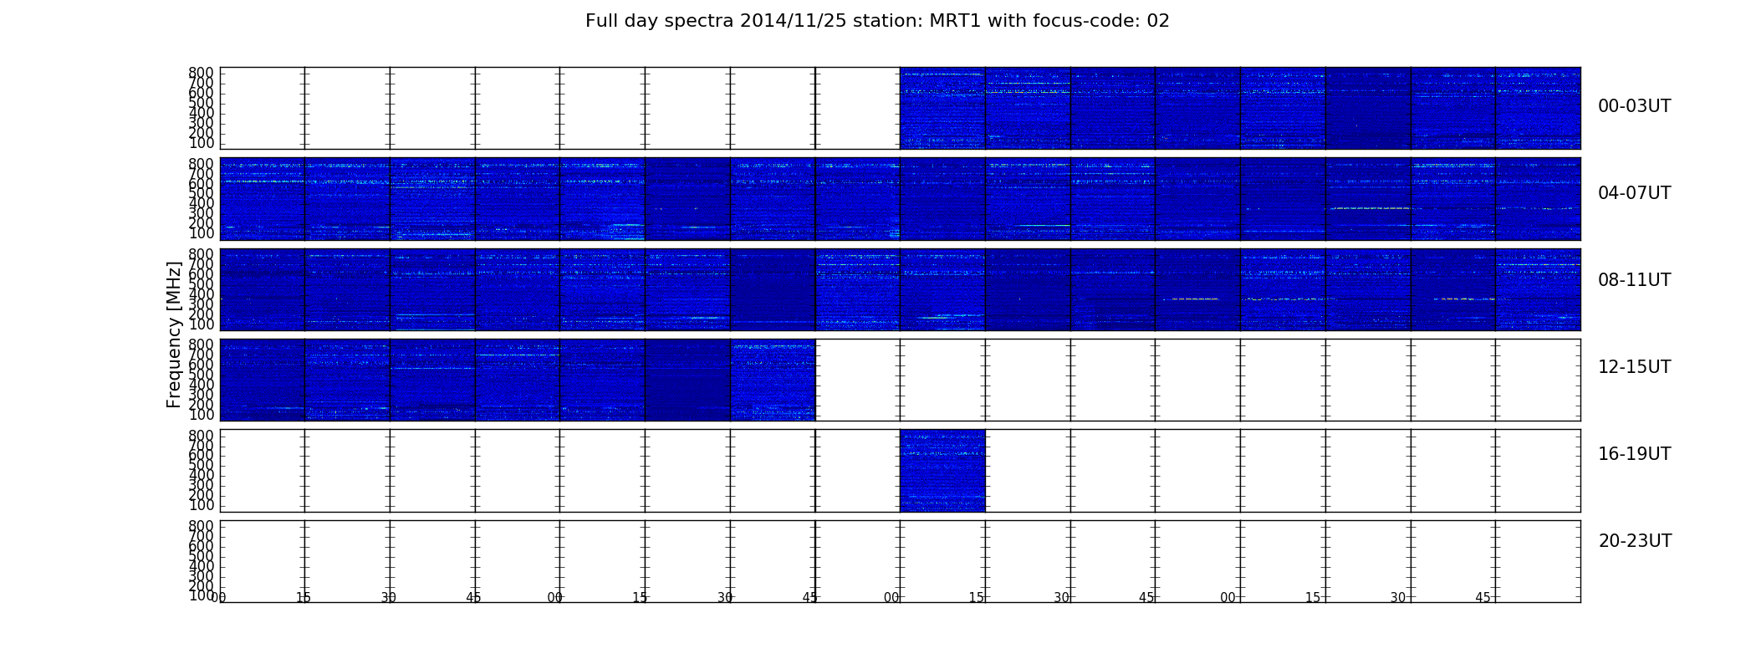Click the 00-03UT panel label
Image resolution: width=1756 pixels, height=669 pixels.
coord(1634,106)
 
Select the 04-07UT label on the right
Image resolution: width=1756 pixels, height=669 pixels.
coord(1634,193)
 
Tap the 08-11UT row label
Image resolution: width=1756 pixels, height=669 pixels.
coord(1634,280)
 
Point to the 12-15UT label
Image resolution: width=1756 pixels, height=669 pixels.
coord(1634,367)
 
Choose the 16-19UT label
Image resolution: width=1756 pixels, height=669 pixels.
coord(1634,454)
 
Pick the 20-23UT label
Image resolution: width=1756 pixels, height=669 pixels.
coord(1635,541)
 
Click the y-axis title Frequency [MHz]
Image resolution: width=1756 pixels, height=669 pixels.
coord(174,334)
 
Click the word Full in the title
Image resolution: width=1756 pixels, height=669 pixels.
coord(600,21)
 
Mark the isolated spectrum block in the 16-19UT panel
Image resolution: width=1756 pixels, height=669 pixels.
coord(942,470)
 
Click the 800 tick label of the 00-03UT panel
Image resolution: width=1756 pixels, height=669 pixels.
coord(201,73)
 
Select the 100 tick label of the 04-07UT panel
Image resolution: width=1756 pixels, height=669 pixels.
coord(201,233)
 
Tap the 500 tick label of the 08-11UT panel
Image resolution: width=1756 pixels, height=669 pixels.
coord(201,284)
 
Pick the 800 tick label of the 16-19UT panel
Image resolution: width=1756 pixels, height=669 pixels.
coord(201,436)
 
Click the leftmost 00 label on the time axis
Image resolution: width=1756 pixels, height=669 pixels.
coord(218,598)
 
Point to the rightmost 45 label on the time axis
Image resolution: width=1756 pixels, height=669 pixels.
coord(1483,598)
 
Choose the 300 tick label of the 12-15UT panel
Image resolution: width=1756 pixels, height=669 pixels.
coord(201,395)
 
